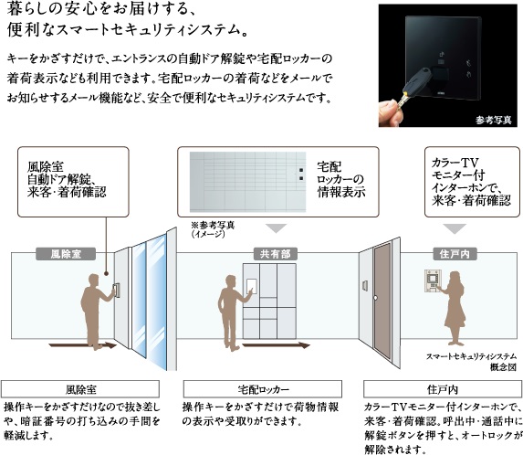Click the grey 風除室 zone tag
pyautogui.click(x=66, y=254)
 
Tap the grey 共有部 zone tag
pyautogui.click(x=275, y=254)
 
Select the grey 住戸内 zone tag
pyautogui.click(x=455, y=254)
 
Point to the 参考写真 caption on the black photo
pyautogui.click(x=493, y=120)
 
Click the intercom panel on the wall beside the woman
pyautogui.click(x=433, y=281)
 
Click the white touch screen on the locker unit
pyautogui.click(x=252, y=286)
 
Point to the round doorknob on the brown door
pyautogui.click(x=375, y=298)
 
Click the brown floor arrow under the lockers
pyautogui.click(x=276, y=345)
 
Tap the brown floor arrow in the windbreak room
pyautogui.click(x=82, y=345)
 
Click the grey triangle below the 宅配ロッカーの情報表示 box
pyautogui.click(x=277, y=228)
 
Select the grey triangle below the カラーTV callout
pyautogui.click(x=455, y=228)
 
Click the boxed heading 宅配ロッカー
pyautogui.click(x=263, y=389)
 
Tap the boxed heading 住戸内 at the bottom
pyautogui.click(x=443, y=389)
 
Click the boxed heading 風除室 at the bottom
pyautogui.click(x=80, y=389)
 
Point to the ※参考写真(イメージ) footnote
pyautogui.click(x=213, y=229)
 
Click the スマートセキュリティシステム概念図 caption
pyautogui.click(x=471, y=362)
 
